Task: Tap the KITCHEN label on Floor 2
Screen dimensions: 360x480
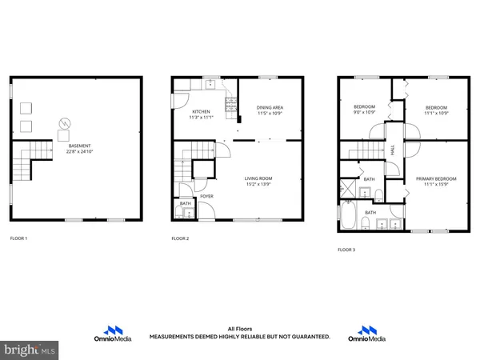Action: click(x=201, y=112)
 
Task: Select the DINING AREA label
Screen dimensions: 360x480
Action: click(x=270, y=107)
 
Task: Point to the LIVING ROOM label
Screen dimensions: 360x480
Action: click(x=258, y=178)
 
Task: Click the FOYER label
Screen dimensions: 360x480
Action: click(x=206, y=195)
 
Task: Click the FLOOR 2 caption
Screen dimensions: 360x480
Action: click(x=181, y=238)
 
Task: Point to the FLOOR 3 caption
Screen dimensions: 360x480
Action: click(x=346, y=250)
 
